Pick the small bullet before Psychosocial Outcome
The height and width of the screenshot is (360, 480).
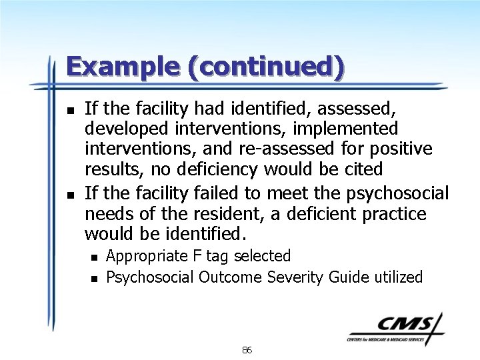click(x=95, y=278)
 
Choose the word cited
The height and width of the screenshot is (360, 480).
click(x=363, y=170)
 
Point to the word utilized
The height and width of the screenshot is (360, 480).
click(x=396, y=277)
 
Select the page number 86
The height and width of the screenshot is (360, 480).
click(x=247, y=350)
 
